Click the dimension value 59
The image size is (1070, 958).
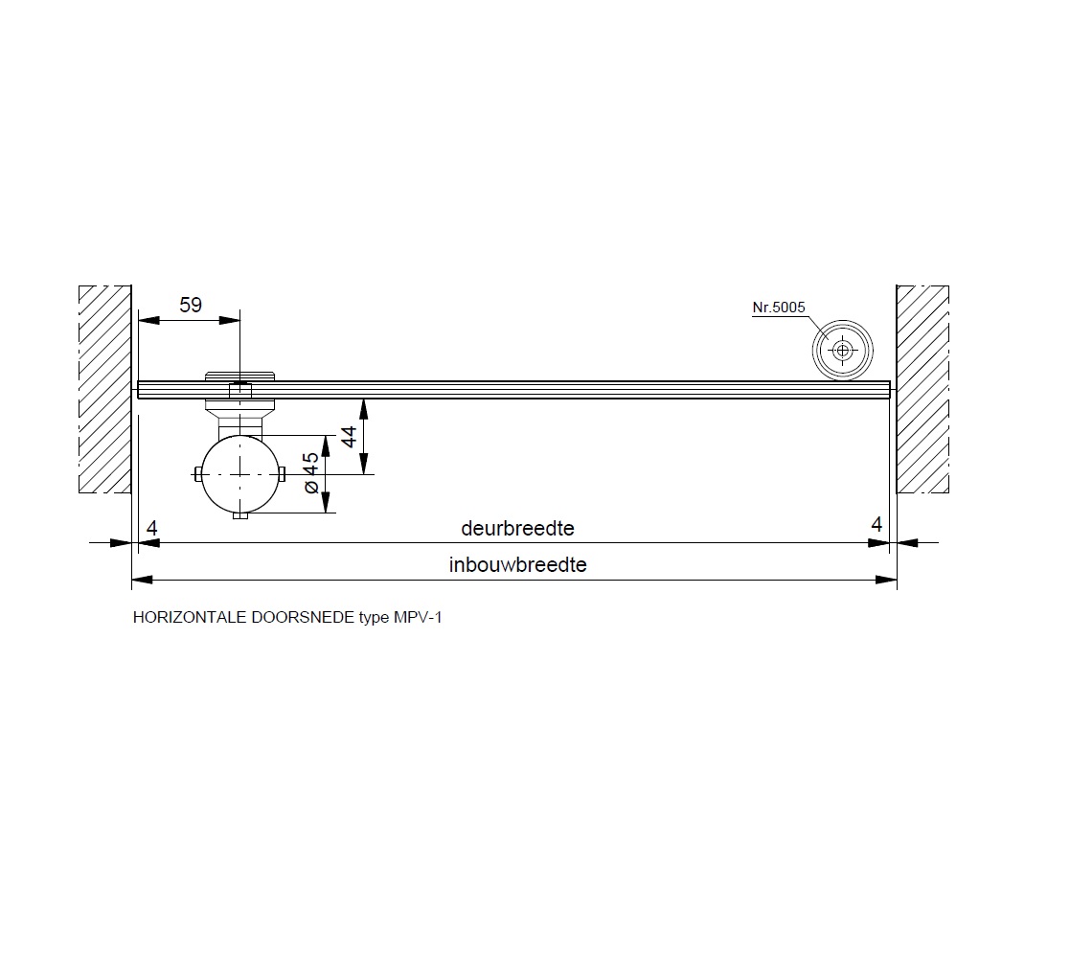pyautogui.click(x=191, y=305)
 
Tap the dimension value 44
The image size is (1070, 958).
pyautogui.click(x=349, y=436)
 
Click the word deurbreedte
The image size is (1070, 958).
pyautogui.click(x=517, y=528)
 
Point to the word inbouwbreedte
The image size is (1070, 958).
pyautogui.click(x=517, y=565)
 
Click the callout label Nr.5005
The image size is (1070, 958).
pyautogui.click(x=779, y=308)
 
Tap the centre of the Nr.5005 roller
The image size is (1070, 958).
pyautogui.click(x=843, y=351)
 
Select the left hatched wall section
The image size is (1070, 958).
pyautogui.click(x=105, y=389)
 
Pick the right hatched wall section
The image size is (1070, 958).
pyautogui.click(x=922, y=389)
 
